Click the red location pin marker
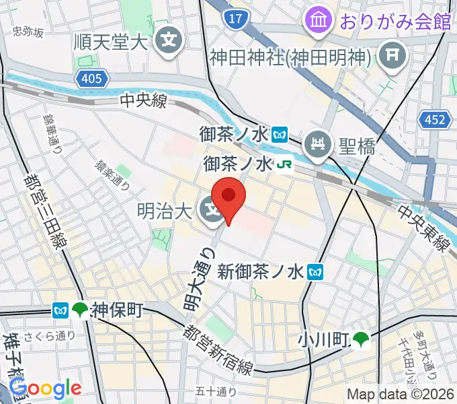coord(229,197)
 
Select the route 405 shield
coord(91,79)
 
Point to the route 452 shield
coord(433,120)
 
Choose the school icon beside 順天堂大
coord(166,41)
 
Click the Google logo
coord(45,388)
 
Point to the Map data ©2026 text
coord(399,395)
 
